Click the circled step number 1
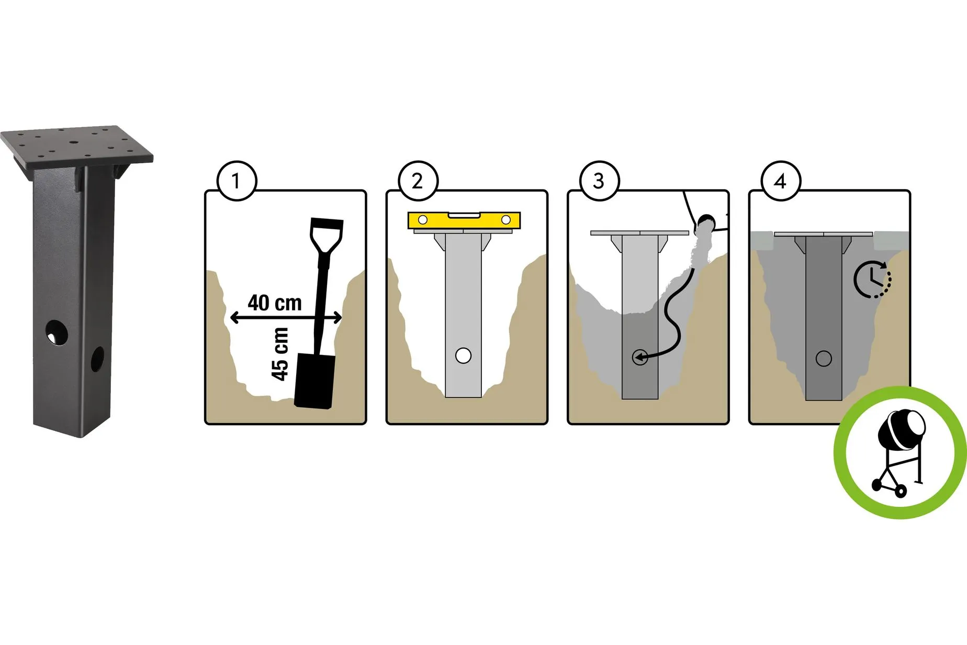[237, 181]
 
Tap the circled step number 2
[418, 181]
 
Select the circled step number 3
[600, 181]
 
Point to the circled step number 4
[781, 181]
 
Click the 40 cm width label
[275, 303]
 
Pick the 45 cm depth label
[280, 354]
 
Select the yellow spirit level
[464, 220]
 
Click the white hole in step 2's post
[463, 355]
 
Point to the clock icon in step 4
[872, 279]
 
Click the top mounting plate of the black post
[76, 146]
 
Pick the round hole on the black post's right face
[97, 359]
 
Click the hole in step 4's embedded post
[824, 359]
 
